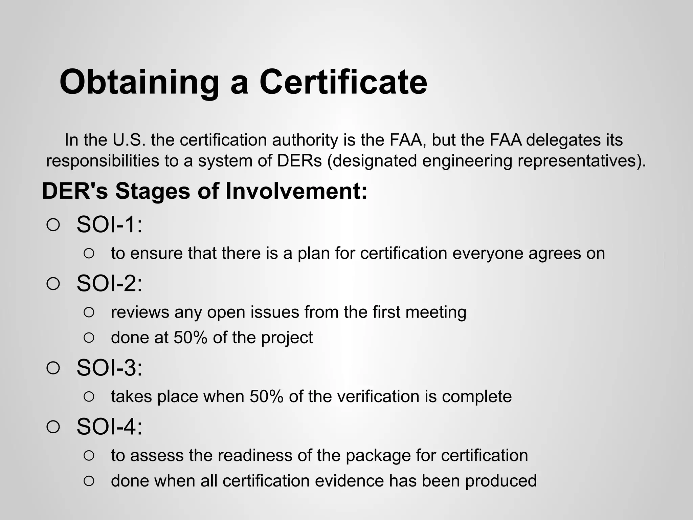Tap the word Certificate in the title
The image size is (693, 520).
[x=343, y=82]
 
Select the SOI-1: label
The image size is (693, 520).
[x=109, y=224]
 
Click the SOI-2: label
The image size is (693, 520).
[x=109, y=283]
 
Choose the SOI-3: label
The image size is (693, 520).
[x=109, y=368]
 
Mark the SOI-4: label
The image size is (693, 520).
[x=109, y=427]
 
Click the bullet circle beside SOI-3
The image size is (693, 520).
[x=53, y=368]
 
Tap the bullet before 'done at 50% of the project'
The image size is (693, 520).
[x=89, y=338]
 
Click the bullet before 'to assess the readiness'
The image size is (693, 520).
[x=89, y=455]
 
